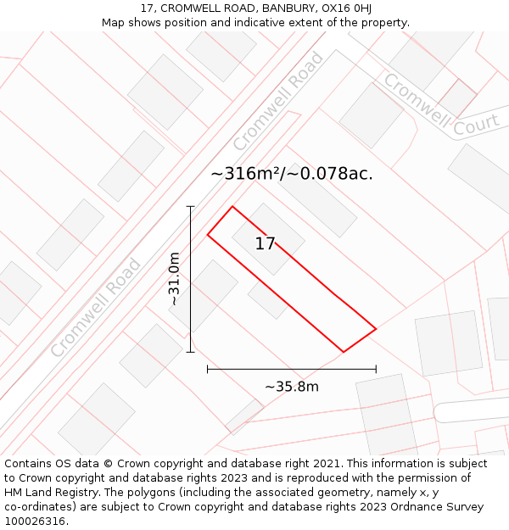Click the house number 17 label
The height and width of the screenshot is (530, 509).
pyautogui.click(x=265, y=244)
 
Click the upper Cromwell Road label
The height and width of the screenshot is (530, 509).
pyautogui.click(x=278, y=101)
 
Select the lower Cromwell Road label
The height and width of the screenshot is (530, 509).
pyautogui.click(x=96, y=308)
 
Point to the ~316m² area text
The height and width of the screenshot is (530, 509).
pyautogui.click(x=246, y=174)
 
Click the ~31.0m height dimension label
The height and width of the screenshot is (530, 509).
pyautogui.click(x=174, y=279)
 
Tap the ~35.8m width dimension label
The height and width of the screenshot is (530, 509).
pyautogui.click(x=291, y=387)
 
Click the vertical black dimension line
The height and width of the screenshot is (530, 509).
pyautogui.click(x=191, y=279)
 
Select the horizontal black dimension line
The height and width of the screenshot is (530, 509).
pyautogui.click(x=291, y=369)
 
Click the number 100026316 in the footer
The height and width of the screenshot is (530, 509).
pyautogui.click(x=35, y=522)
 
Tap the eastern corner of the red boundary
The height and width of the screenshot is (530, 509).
pyautogui.click(x=376, y=327)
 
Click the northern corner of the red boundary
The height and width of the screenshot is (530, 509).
pyautogui.click(x=232, y=206)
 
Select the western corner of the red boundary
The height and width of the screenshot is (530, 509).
pyautogui.click(x=208, y=234)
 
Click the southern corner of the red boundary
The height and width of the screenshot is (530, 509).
pyautogui.click(x=343, y=351)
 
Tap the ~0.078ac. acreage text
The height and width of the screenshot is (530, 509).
pyautogui.click(x=328, y=174)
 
